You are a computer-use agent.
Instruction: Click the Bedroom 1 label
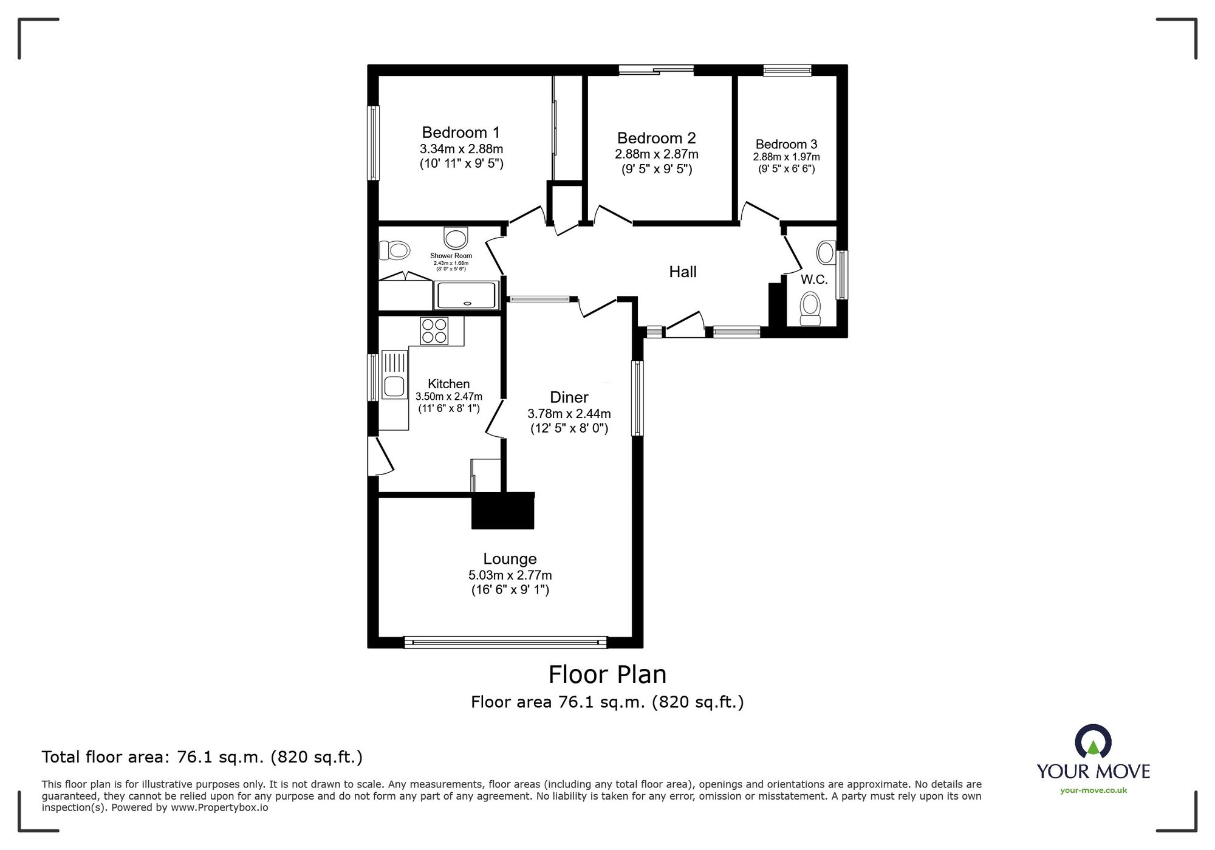click(460, 132)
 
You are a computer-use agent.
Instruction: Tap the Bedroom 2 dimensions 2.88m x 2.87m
click(656, 154)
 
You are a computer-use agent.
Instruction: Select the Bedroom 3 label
click(786, 144)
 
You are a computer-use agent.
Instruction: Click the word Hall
click(682, 272)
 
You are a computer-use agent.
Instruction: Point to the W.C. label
click(813, 279)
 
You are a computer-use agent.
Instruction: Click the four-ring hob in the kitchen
click(434, 331)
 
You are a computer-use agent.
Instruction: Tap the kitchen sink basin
click(394, 386)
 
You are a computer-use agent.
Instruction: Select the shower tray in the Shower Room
click(466, 296)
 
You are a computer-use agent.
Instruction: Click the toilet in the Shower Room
click(395, 250)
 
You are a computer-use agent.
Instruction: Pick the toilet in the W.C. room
click(810, 309)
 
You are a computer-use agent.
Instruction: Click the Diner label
click(569, 397)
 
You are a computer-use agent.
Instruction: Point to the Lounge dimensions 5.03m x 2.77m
click(510, 575)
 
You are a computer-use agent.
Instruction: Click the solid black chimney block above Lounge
click(503, 510)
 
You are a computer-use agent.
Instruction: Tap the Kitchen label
click(448, 384)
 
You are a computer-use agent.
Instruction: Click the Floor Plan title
click(607, 674)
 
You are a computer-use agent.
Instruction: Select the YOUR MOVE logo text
click(1093, 772)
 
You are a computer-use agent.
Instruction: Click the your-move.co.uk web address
click(1093, 790)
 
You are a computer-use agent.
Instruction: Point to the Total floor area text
click(202, 757)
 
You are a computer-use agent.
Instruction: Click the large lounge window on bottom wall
click(505, 642)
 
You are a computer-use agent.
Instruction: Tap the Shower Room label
click(451, 256)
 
